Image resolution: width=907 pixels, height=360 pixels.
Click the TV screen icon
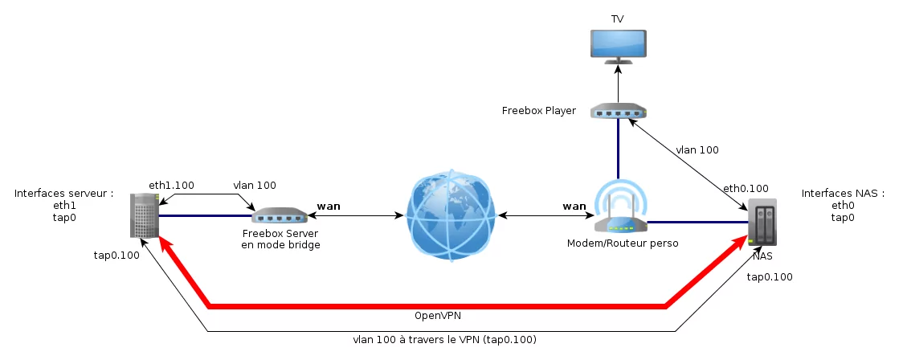pyautogui.click(x=618, y=46)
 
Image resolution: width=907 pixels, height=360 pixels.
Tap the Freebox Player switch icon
pyautogui.click(x=618, y=111)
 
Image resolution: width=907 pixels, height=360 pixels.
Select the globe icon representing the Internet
pyautogui.click(x=449, y=215)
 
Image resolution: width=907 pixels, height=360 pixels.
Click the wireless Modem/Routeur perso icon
pyautogui.click(x=619, y=209)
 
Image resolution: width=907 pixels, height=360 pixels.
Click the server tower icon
pyautogui.click(x=144, y=215)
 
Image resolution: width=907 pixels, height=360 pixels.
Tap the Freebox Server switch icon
pyautogui.click(x=280, y=215)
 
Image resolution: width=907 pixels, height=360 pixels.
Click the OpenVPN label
pyautogui.click(x=438, y=315)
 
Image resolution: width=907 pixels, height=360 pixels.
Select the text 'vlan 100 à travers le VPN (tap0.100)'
pyautogui.click(x=444, y=340)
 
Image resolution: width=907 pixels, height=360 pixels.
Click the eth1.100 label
pyautogui.click(x=171, y=186)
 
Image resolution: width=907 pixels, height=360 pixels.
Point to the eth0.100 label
pyautogui.click(x=746, y=189)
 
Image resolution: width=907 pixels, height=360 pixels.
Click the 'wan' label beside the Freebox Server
pyautogui.click(x=329, y=207)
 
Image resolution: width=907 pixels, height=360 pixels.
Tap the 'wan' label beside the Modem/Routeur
pyautogui.click(x=574, y=207)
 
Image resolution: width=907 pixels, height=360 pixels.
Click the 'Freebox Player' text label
pyautogui.click(x=538, y=111)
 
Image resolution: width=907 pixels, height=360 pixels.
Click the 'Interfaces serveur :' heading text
pyautogui.click(x=63, y=194)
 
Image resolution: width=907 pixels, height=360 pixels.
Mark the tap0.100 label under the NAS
pyautogui.click(x=770, y=277)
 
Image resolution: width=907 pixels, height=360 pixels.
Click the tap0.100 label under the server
pyautogui.click(x=116, y=256)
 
